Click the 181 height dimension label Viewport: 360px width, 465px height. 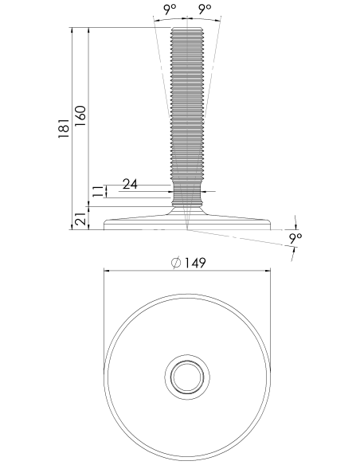point(64,128)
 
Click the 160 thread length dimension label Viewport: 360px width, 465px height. point(80,116)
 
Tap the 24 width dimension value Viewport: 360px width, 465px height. point(130,184)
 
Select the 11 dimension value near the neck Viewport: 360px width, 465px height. point(98,191)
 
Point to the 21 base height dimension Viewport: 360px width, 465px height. point(80,219)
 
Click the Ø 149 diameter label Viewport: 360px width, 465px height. point(189,263)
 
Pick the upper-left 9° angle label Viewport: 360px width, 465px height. point(170,10)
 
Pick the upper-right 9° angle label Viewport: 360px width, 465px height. point(205,10)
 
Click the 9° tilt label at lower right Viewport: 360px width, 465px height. point(295,239)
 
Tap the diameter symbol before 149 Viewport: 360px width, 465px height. point(176,263)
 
